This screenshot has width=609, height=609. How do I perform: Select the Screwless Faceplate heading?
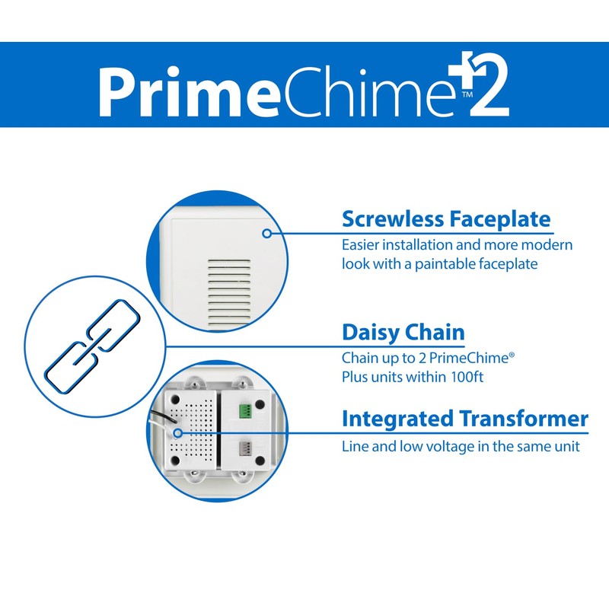click(x=446, y=219)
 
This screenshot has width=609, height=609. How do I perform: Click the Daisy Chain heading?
click(x=403, y=333)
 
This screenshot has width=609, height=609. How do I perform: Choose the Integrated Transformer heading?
click(x=464, y=419)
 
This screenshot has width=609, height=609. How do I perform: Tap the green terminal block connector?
click(x=246, y=412)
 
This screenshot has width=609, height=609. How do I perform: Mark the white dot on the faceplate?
click(x=267, y=234)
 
